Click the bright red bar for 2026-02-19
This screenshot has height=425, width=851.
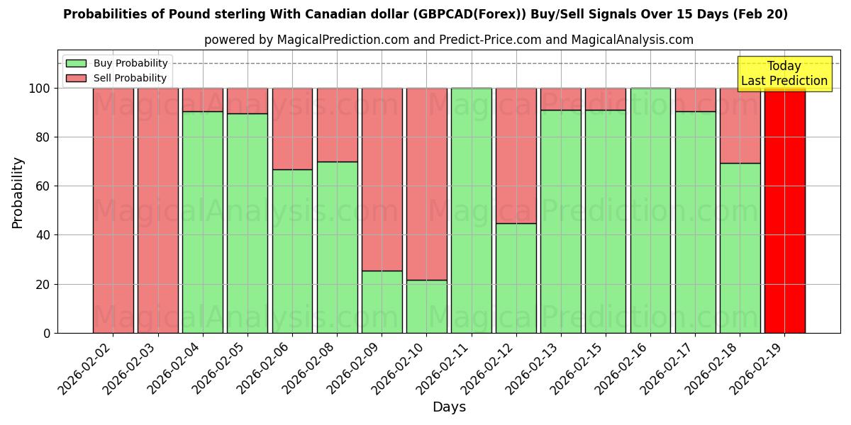coord(784,210)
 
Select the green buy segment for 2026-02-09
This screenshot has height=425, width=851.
coord(382,302)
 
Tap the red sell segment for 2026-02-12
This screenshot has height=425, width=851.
coord(516,155)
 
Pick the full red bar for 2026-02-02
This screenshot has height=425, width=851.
coord(113,210)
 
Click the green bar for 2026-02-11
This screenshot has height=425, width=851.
coord(471,210)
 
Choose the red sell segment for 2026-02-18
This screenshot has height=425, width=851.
coord(740,125)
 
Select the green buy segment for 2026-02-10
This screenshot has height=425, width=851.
coord(426,306)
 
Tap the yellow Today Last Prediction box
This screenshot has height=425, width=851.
coord(784,74)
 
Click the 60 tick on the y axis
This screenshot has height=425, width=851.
coord(44,186)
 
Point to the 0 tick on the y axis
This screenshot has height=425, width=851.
coord(48,333)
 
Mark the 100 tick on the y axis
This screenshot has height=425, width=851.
coord(41,89)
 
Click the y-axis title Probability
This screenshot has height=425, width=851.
coord(18,192)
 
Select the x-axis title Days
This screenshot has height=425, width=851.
coord(449,407)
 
